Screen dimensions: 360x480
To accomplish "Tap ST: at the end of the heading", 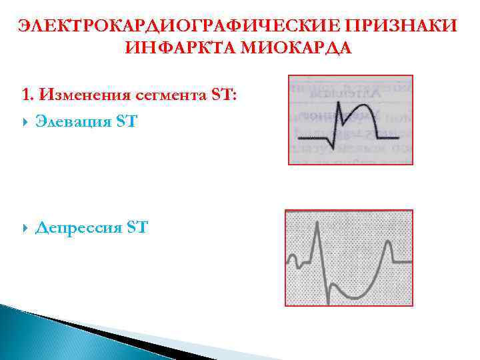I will pos(223,95).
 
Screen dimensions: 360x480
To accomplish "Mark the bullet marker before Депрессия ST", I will pos(25,229).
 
